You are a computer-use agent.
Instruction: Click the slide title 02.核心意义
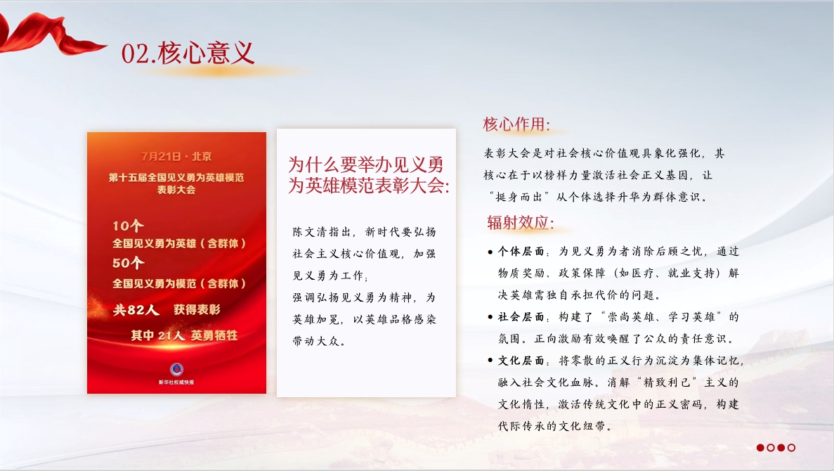(188, 53)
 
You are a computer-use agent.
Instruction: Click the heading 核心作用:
(516, 124)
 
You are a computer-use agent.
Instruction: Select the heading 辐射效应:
(521, 222)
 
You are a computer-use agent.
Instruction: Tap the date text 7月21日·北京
(176, 157)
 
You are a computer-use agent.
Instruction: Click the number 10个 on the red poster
(128, 226)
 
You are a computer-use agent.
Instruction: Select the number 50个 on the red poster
(128, 263)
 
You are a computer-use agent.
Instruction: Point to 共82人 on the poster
(136, 310)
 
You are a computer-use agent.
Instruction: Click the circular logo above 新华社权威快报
(176, 369)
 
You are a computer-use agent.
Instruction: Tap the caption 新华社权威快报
(176, 382)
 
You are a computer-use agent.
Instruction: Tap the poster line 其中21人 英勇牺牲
(184, 335)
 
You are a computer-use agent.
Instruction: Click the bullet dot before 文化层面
(490, 361)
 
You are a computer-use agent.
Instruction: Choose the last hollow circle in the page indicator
(791, 448)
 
